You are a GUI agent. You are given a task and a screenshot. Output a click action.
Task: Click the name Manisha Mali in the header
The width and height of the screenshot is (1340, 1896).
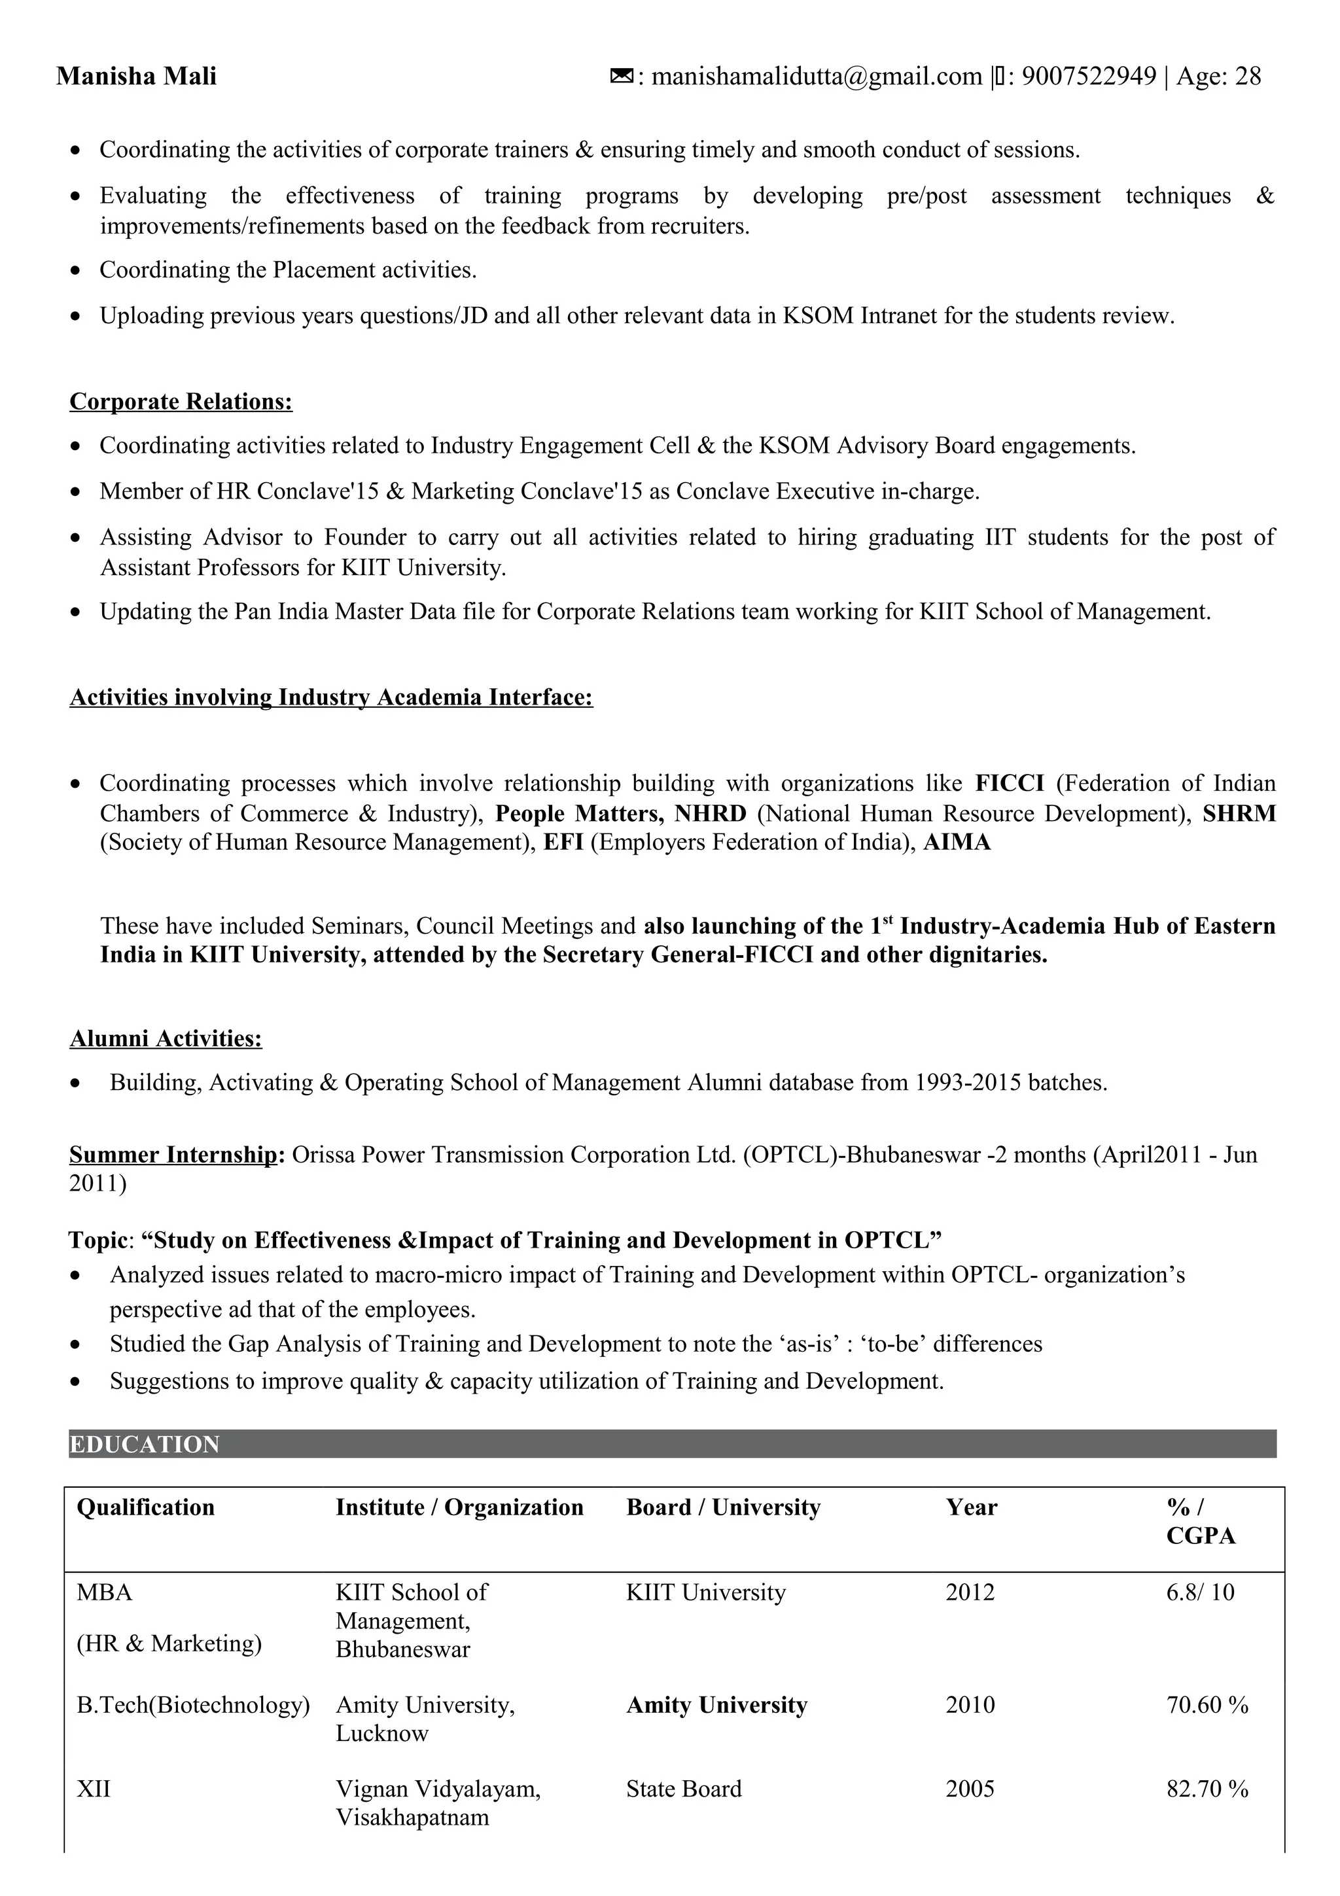tap(136, 76)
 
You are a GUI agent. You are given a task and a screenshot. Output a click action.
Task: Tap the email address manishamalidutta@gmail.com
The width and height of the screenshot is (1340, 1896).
tap(817, 76)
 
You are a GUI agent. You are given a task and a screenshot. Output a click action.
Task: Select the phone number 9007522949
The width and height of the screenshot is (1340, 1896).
tap(1089, 76)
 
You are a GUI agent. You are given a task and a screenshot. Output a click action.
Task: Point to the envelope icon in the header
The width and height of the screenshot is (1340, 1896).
tap(622, 76)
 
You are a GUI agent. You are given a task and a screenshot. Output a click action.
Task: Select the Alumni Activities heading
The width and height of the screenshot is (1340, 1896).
tap(166, 1038)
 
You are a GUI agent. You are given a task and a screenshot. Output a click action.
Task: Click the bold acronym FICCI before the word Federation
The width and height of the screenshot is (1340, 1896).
tap(1009, 783)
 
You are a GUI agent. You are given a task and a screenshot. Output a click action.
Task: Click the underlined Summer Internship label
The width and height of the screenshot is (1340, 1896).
tap(173, 1155)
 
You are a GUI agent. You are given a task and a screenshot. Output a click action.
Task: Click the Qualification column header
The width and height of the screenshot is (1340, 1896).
tap(145, 1507)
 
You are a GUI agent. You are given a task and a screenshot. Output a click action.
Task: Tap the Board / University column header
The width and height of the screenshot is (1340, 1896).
tap(723, 1507)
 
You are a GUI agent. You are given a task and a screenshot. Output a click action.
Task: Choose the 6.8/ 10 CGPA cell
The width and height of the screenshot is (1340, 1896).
tap(1199, 1592)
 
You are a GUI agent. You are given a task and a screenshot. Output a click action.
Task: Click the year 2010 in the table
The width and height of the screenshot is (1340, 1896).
tap(970, 1705)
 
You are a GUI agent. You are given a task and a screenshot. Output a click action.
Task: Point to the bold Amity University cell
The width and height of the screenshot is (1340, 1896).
tap(716, 1705)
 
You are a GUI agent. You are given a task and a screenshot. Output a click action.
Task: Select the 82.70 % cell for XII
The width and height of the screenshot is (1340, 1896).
tap(1207, 1789)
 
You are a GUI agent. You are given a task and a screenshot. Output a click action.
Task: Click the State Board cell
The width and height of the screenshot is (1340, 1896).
tap(684, 1789)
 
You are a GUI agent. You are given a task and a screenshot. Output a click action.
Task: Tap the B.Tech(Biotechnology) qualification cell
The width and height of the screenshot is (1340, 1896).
tap(193, 1705)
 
